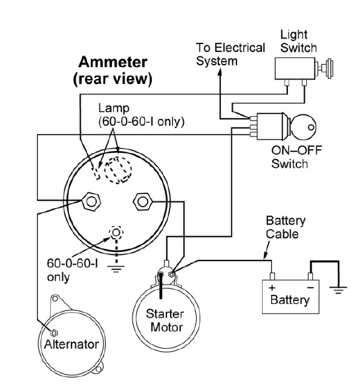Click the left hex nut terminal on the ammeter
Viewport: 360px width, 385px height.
(91, 202)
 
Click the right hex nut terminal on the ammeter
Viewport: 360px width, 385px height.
(143, 202)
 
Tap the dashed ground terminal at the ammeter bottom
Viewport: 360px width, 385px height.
(116, 232)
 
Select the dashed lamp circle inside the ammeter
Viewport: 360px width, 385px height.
(118, 170)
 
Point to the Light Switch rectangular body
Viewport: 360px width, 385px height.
(295, 68)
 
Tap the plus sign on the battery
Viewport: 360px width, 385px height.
(272, 288)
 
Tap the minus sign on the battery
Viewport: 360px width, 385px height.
(310, 288)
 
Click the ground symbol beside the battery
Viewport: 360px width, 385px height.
(338, 290)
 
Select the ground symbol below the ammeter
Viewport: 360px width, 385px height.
(116, 269)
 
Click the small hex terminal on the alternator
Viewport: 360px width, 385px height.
(54, 333)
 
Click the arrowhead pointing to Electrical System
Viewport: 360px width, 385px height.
(220, 71)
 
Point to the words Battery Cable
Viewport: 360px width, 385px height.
(286, 227)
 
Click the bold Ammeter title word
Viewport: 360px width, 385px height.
(113, 62)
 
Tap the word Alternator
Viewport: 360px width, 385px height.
(71, 345)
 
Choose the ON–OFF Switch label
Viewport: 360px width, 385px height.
(296, 157)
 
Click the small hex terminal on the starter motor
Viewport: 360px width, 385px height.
(172, 274)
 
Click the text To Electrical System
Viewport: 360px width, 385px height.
(231, 54)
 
